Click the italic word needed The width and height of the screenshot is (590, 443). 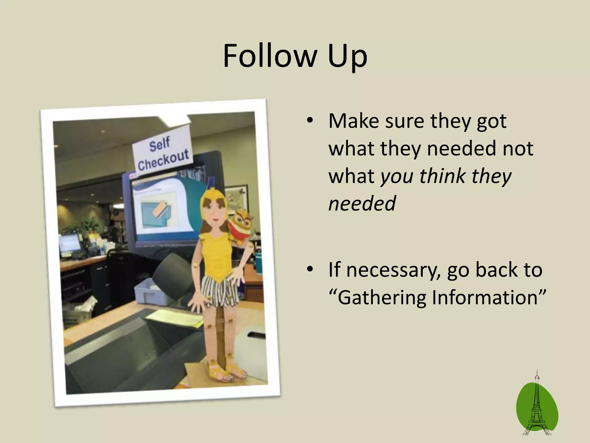point(362,203)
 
